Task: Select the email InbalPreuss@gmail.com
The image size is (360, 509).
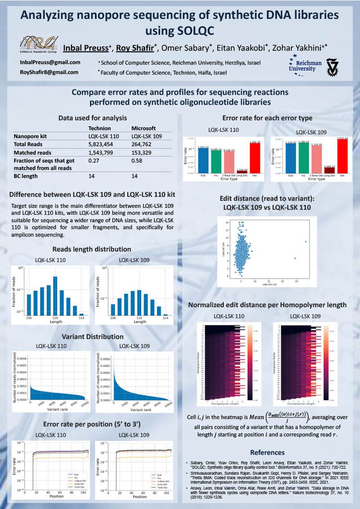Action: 50,63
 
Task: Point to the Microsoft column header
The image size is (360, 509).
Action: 143,128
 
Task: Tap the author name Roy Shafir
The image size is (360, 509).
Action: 131,48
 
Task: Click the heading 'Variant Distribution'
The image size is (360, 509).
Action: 92,337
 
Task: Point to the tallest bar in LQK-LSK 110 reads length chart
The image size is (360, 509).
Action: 55,295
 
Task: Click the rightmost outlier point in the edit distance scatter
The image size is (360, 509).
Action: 306,242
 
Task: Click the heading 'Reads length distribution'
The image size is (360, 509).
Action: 92,249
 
